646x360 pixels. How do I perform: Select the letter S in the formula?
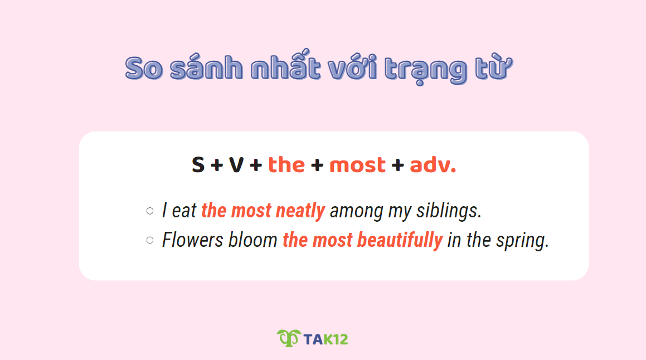point(198,165)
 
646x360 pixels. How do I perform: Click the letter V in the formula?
point(236,165)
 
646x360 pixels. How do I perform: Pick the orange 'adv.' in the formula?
point(433,165)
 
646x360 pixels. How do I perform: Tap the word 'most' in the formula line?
point(357,165)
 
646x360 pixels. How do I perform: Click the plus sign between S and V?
point(217,166)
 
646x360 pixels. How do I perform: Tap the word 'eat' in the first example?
point(184,211)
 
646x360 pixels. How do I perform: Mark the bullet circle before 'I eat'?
point(149,211)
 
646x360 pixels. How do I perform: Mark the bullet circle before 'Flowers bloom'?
point(149,240)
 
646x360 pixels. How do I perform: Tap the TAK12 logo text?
point(326,339)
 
